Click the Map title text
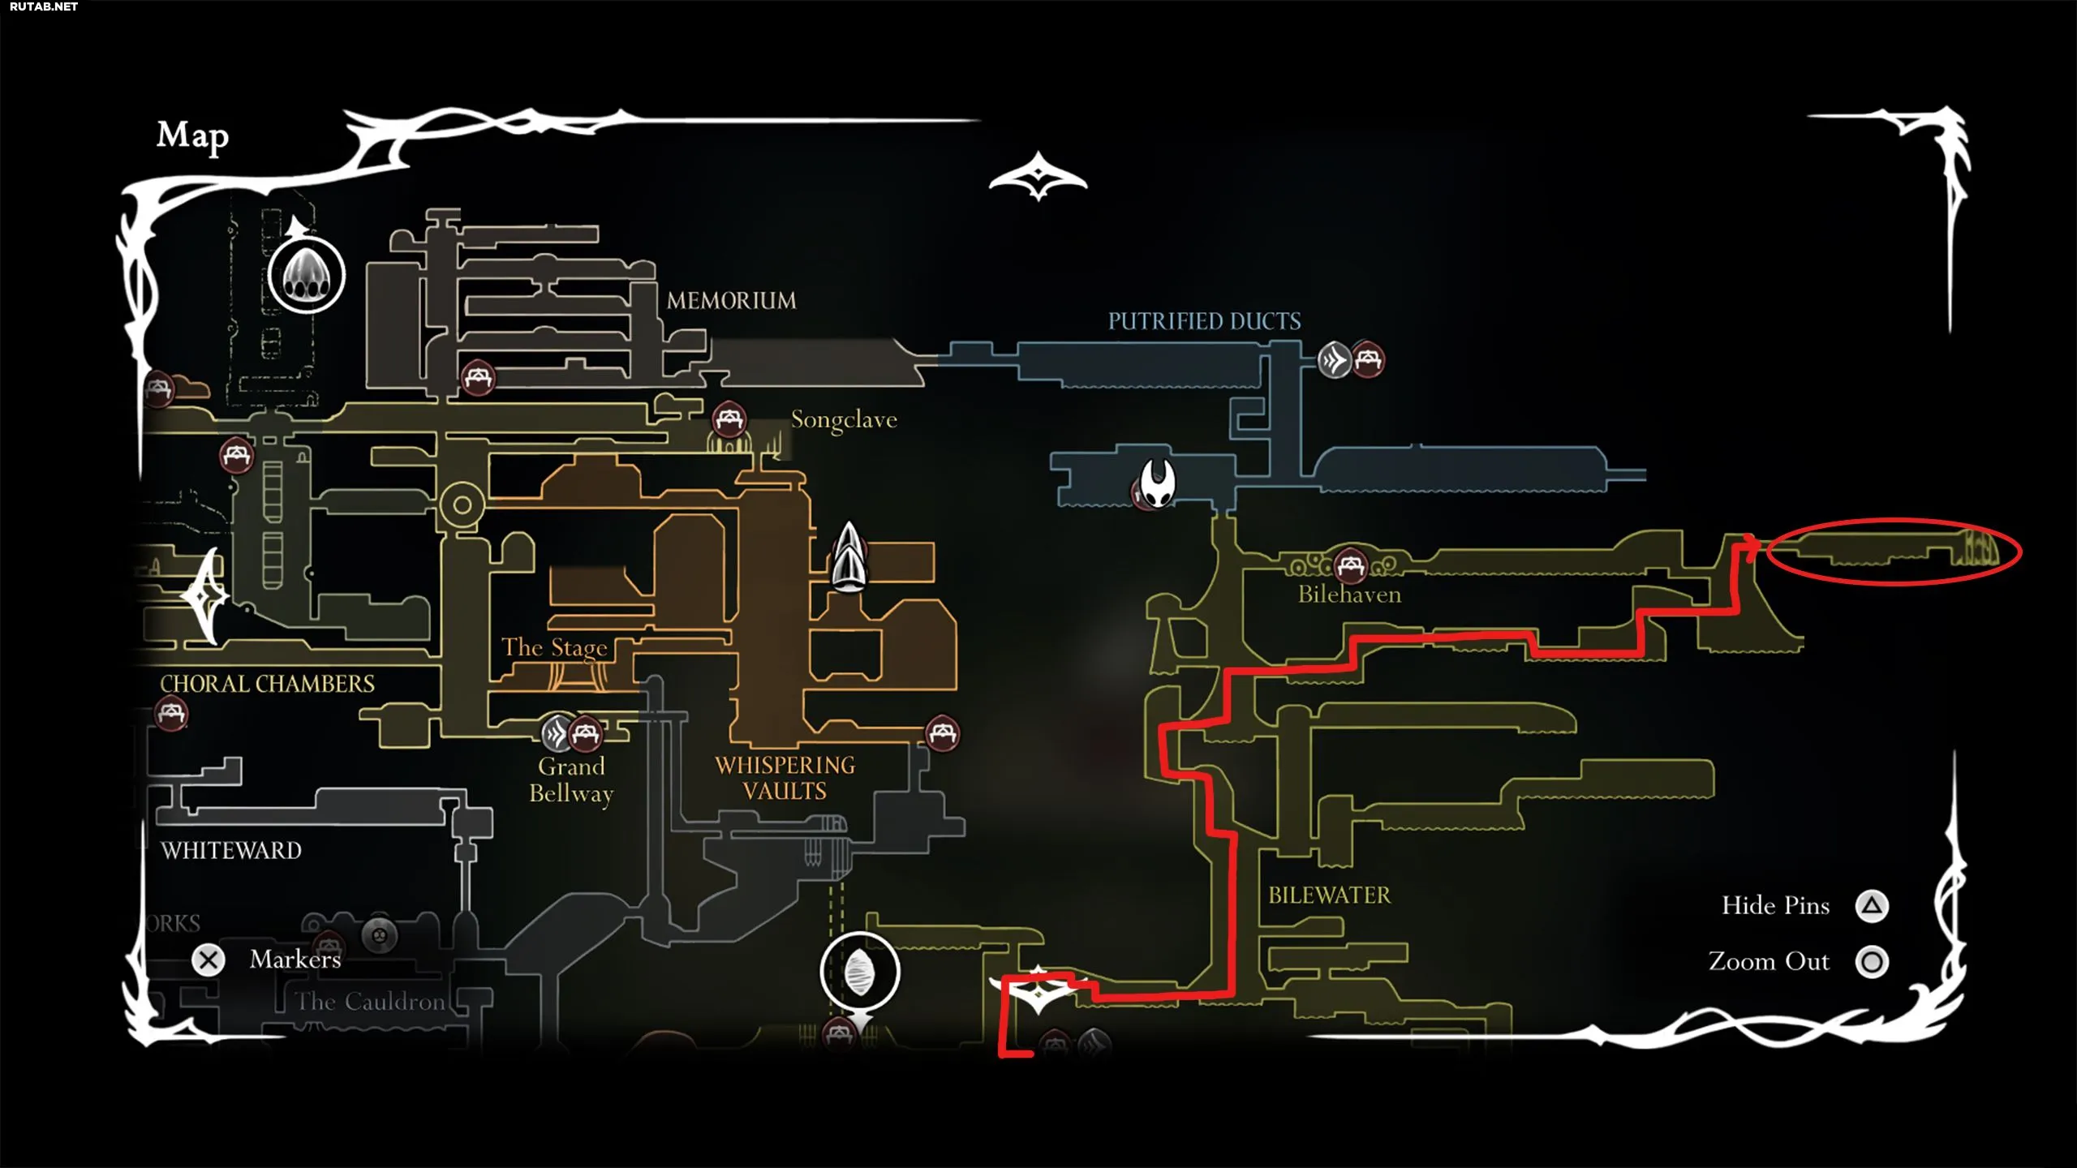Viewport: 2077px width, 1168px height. point(192,135)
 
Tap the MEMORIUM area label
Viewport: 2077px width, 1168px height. point(731,301)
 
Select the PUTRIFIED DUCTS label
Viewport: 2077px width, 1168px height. point(1204,321)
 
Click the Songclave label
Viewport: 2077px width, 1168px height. point(844,419)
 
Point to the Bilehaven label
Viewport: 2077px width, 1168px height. point(1349,595)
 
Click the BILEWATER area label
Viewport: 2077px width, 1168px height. point(1329,895)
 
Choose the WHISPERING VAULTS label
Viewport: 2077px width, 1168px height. point(785,778)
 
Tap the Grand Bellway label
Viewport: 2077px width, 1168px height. point(571,779)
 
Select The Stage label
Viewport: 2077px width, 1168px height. point(554,647)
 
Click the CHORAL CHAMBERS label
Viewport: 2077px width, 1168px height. point(267,684)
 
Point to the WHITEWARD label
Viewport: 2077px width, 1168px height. point(231,850)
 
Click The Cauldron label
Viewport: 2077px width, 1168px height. point(370,1002)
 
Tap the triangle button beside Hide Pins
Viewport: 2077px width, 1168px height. point(1872,906)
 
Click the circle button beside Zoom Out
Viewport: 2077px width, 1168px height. point(1872,962)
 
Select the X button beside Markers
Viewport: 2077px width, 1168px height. point(209,960)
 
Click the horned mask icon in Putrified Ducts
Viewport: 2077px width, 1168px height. point(1157,483)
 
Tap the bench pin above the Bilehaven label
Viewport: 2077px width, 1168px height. point(1351,565)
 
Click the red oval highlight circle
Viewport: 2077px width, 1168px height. point(1894,552)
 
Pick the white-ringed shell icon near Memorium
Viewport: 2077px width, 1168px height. point(307,276)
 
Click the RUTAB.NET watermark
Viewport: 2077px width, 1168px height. point(44,6)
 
